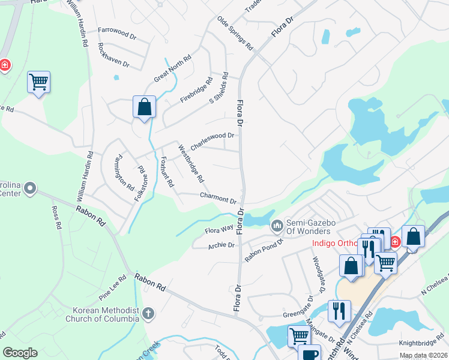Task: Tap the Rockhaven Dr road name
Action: pos(113,54)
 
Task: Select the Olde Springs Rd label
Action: pos(235,34)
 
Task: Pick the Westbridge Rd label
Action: pos(191,163)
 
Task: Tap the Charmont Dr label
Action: pos(217,197)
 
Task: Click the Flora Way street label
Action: pos(218,229)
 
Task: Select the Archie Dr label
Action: pos(221,245)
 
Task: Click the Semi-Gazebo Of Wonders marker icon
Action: pos(277,226)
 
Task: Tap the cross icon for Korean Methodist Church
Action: pos(148,313)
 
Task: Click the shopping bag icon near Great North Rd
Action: pos(144,107)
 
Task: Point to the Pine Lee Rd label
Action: pos(113,284)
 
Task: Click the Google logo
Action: pos(20,353)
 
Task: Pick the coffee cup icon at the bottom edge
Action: pos(310,353)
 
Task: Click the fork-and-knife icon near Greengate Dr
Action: pos(339,311)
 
